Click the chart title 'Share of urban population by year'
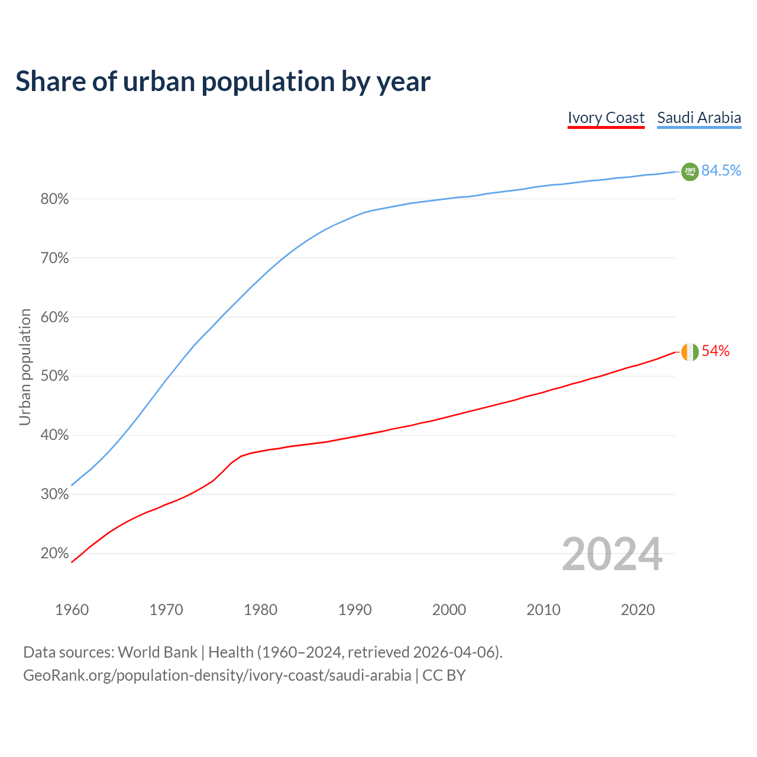coord(223,82)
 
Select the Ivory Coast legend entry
coord(606,118)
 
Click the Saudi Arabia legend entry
coord(699,118)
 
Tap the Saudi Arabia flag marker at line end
coord(690,172)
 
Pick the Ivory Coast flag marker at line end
coord(690,352)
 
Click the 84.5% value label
coord(721,171)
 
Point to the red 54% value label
coord(716,351)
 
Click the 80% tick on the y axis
coord(54,199)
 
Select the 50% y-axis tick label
coord(54,376)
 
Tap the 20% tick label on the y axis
coord(54,554)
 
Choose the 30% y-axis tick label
coord(54,494)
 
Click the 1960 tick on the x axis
coord(72,610)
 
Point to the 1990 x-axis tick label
coord(355,610)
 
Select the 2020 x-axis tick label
coord(638,610)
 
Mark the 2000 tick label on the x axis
coord(449,610)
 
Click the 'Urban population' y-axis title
coord(25,367)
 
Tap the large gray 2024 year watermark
coord(612,554)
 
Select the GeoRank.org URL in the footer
coord(217,675)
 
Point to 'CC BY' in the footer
coord(444,675)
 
